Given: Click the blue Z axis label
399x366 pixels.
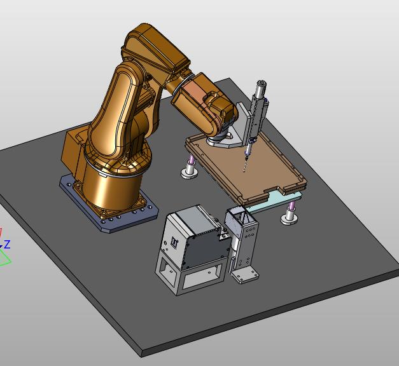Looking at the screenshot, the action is pyautogui.click(x=7, y=244).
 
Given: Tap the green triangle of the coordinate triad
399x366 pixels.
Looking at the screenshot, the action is pyautogui.click(x=4, y=259).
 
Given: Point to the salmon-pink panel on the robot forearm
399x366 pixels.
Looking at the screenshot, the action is pyautogui.click(x=194, y=91).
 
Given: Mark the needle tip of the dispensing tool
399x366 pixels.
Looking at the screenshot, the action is pyautogui.click(x=244, y=172).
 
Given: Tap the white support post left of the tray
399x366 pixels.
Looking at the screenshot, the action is pyautogui.click(x=190, y=169).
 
